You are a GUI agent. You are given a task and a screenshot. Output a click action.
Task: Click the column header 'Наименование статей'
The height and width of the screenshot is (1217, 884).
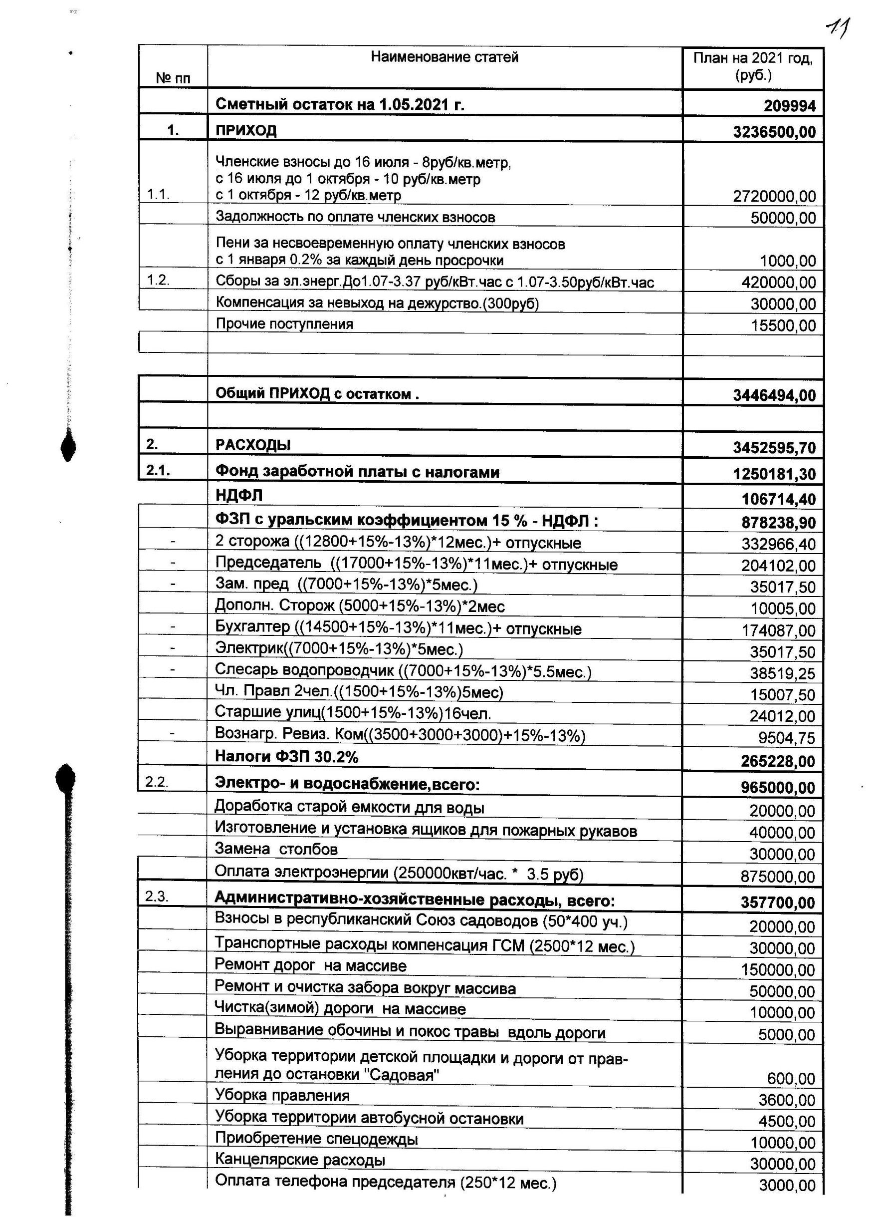(x=444, y=57)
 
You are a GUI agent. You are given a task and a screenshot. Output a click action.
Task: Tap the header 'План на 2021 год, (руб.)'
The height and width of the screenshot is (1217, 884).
(x=753, y=66)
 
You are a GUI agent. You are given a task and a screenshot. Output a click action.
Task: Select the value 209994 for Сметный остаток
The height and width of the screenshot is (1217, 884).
(x=790, y=106)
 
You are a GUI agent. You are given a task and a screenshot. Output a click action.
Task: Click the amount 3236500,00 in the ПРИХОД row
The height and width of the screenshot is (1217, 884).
(x=774, y=132)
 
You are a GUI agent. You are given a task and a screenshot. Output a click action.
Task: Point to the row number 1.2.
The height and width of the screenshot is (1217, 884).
(x=158, y=280)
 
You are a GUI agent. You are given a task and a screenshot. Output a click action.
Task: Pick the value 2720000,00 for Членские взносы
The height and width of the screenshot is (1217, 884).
(x=774, y=196)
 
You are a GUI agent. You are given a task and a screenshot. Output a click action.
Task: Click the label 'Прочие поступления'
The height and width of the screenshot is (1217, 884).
(x=284, y=324)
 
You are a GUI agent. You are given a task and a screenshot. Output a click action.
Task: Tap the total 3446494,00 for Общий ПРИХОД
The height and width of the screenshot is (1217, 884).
(x=774, y=395)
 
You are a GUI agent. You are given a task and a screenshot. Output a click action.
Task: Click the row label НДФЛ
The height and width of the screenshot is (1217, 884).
(x=238, y=495)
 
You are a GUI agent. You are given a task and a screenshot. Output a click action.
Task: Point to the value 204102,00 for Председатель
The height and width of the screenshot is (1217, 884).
(x=778, y=566)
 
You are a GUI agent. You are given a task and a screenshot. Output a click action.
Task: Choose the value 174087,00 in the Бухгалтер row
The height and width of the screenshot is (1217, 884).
(x=778, y=630)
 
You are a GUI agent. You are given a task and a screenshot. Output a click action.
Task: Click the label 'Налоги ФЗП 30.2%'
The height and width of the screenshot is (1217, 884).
(x=286, y=757)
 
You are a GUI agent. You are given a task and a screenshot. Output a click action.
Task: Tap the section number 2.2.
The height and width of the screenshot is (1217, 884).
(x=157, y=782)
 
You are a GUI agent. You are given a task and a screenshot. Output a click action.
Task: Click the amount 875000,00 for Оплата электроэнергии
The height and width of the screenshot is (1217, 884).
(x=778, y=877)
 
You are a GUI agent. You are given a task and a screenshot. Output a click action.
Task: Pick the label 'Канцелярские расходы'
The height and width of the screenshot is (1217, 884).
(x=300, y=1160)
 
